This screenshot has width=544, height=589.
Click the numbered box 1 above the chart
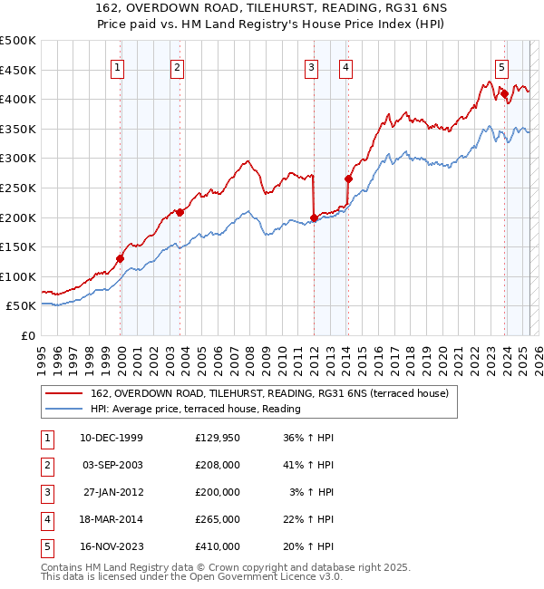(x=120, y=66)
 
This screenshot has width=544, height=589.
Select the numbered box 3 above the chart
(x=312, y=66)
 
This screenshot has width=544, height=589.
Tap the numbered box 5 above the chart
(x=501, y=66)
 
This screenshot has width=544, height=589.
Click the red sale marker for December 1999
(x=120, y=258)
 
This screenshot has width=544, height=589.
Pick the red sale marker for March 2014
(x=348, y=179)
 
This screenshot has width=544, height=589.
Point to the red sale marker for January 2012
(x=314, y=217)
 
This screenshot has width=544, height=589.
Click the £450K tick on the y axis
(x=18, y=70)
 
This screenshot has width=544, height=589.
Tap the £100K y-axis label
(x=18, y=276)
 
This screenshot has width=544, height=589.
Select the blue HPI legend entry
(x=195, y=409)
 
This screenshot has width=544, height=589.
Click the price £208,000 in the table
(x=218, y=465)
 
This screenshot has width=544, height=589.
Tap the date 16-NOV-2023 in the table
(x=112, y=546)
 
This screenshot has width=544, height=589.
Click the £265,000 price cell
(x=218, y=519)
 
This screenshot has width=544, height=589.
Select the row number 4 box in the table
(x=46, y=519)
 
